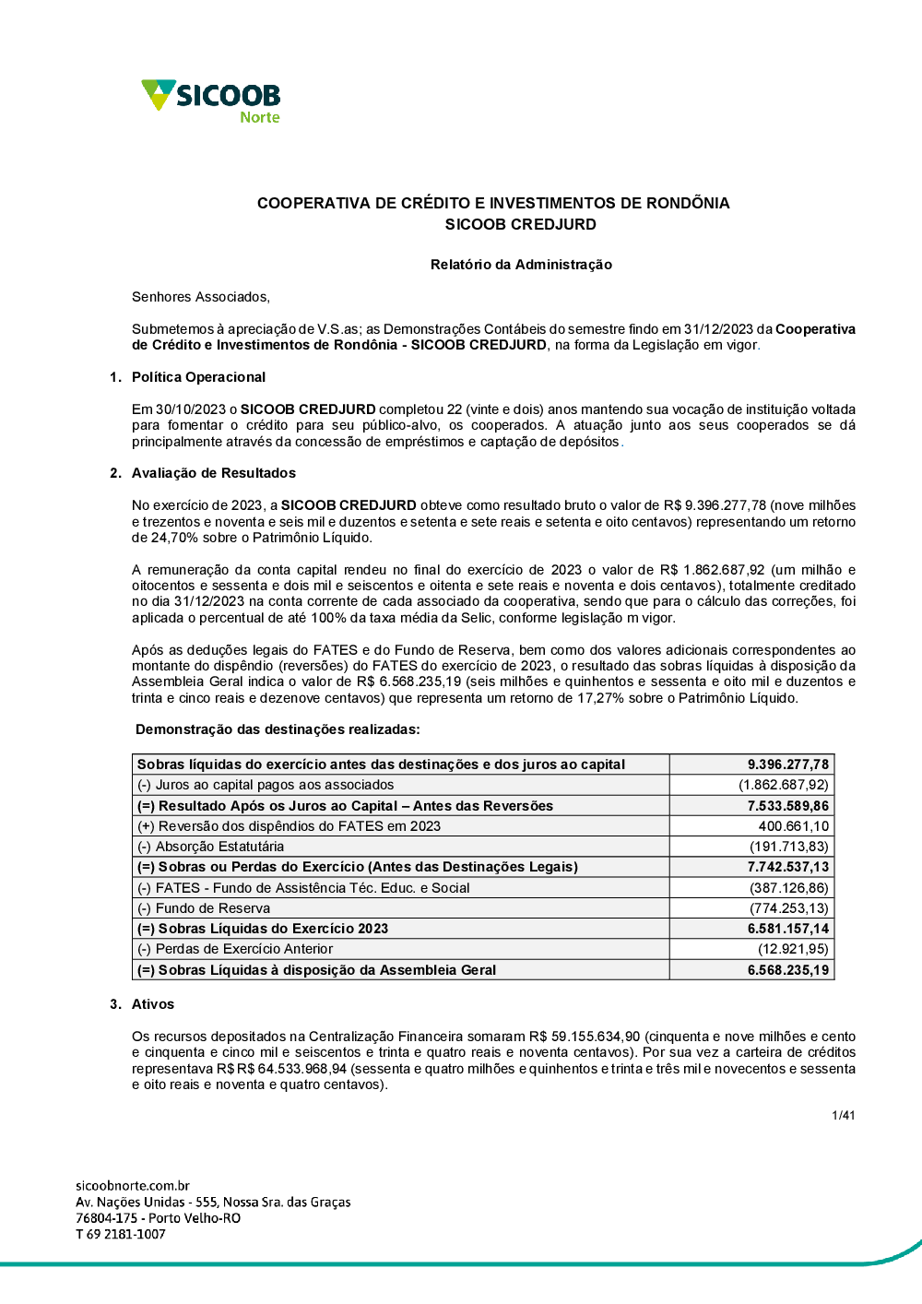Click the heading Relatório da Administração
521,265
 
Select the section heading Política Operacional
198,377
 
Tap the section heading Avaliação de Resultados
213,473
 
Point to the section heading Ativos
152,1004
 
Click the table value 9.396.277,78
787,765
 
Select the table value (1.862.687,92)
783,785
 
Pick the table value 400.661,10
793,826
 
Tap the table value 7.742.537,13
787,867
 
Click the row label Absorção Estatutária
219,847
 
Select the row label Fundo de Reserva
212,908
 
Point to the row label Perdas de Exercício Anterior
243,949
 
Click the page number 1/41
843,1116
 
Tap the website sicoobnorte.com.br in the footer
133,1186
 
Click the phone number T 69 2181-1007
121,1235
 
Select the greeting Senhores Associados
201,297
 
